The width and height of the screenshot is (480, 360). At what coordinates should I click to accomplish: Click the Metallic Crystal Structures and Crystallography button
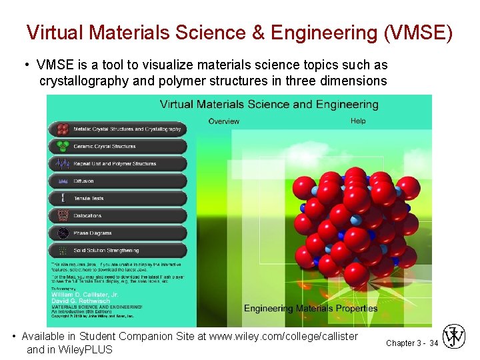[x=117, y=129]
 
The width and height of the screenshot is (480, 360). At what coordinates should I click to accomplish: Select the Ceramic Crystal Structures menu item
[x=117, y=146]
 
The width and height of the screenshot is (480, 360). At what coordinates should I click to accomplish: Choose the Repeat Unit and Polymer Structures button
[x=117, y=163]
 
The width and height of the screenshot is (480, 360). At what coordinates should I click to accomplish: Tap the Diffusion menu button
[x=117, y=181]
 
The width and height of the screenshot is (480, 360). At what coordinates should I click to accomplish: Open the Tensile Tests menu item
[x=117, y=198]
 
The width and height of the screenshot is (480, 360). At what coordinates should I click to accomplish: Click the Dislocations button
[x=117, y=215]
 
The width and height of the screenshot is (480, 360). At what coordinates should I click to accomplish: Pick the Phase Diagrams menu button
[x=117, y=233]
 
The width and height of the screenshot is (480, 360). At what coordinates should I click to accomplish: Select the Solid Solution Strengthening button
[x=117, y=251]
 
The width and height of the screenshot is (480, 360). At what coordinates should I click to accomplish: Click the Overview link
[x=223, y=121]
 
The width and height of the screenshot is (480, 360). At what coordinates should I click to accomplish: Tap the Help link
[x=358, y=121]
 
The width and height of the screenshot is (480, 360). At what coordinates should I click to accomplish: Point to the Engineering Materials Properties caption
[x=311, y=308]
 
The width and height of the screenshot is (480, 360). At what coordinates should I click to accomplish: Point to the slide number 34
[x=433, y=343]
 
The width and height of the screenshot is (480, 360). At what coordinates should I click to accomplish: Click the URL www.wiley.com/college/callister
[x=283, y=337]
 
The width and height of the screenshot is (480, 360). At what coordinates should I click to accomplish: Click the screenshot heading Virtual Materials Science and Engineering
[x=269, y=104]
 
